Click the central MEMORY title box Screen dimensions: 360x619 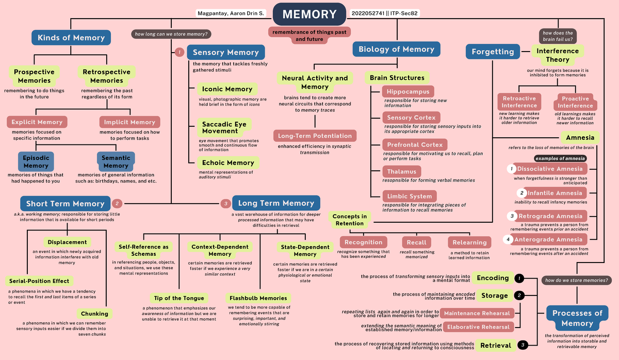[x=309, y=14]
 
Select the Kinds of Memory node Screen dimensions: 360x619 [x=71, y=38]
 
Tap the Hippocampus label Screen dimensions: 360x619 [x=408, y=92]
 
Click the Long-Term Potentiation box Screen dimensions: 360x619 [x=315, y=136]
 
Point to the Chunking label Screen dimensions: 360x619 [x=94, y=314]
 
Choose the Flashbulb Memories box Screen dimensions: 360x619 [x=258, y=298]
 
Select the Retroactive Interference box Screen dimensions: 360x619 [x=519, y=102]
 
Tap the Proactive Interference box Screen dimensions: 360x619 [x=575, y=102]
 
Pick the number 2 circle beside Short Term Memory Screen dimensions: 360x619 [x=117, y=203]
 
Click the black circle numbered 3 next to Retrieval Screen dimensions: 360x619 [x=523, y=345]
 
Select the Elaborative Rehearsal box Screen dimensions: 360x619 [x=479, y=326]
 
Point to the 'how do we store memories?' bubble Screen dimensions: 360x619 [x=577, y=281]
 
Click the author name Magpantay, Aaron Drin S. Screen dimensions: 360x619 [x=231, y=13]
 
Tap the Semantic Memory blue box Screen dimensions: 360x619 [x=116, y=161]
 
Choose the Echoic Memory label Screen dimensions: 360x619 [x=228, y=162]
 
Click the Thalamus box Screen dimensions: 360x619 [x=402, y=171]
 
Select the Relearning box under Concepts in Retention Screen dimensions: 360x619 [x=469, y=242]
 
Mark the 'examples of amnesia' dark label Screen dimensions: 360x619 [x=560, y=158]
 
